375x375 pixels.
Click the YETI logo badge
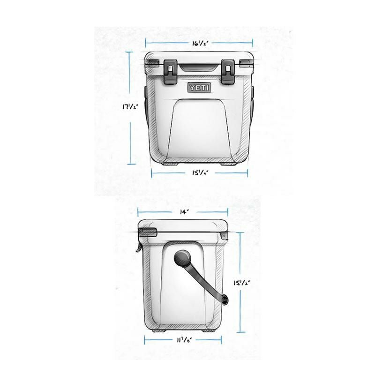pos(199,88)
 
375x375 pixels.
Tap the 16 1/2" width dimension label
pos(199,43)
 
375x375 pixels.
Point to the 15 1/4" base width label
pos(199,172)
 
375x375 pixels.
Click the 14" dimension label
pos(183,212)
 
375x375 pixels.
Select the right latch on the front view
pos(228,72)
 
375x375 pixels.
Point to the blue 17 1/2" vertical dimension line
pos(131,108)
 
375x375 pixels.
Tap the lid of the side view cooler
pos(183,226)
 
